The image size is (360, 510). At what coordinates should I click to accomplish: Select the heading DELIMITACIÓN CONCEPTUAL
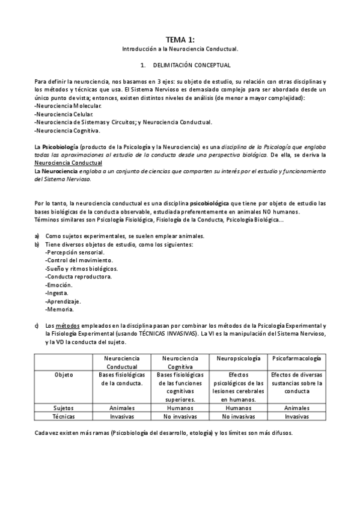pyautogui.click(x=192, y=64)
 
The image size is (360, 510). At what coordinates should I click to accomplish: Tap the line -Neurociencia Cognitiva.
pyautogui.click(x=67, y=131)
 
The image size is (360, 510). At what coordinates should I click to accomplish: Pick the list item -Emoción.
pyautogui.click(x=59, y=285)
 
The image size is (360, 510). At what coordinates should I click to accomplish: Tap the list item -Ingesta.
pyautogui.click(x=58, y=293)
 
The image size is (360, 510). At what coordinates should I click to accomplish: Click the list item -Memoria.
pyautogui.click(x=59, y=310)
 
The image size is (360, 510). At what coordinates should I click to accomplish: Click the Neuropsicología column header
pyautogui.click(x=239, y=358)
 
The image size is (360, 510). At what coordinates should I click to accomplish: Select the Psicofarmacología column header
pyautogui.click(x=296, y=358)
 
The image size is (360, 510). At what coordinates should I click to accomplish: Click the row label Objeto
pyautogui.click(x=64, y=374)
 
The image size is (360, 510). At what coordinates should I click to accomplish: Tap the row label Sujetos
pyautogui.click(x=64, y=407)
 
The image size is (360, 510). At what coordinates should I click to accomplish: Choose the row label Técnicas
pyautogui.click(x=64, y=416)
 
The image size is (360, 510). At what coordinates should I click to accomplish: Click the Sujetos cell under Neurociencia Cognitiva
pyautogui.click(x=180, y=407)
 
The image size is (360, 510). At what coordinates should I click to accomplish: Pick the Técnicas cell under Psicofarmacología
pyautogui.click(x=296, y=416)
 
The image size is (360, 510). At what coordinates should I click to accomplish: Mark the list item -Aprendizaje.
pyautogui.click(x=63, y=301)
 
